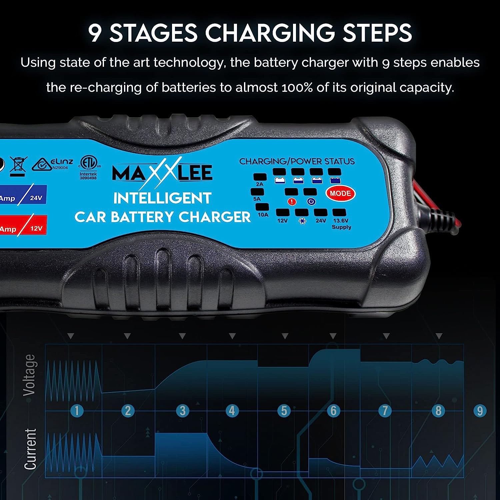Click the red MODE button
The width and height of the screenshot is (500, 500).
click(x=340, y=194)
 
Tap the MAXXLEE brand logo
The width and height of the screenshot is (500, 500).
click(x=162, y=173)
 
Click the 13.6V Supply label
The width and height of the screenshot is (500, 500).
click(x=341, y=224)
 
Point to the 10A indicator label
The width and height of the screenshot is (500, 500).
click(x=263, y=215)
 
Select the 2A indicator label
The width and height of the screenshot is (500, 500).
click(x=260, y=184)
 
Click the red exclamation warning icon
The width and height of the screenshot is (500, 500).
click(x=292, y=201)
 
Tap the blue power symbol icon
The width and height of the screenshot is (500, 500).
click(x=311, y=201)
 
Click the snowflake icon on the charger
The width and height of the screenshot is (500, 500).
click(x=302, y=221)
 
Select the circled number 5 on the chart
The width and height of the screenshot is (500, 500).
click(x=284, y=410)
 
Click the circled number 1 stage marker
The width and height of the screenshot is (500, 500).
click(x=77, y=410)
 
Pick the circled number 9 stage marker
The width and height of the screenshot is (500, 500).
click(x=480, y=410)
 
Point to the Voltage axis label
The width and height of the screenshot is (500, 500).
click(x=30, y=375)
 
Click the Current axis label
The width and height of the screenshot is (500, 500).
click(x=30, y=449)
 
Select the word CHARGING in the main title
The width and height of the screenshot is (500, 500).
click(x=269, y=33)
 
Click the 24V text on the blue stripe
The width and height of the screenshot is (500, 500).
click(x=36, y=198)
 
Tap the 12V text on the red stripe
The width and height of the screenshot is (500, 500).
click(x=36, y=229)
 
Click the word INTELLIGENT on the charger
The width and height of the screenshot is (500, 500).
click(x=162, y=198)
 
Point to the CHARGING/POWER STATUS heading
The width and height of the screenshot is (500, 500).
click(x=297, y=162)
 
